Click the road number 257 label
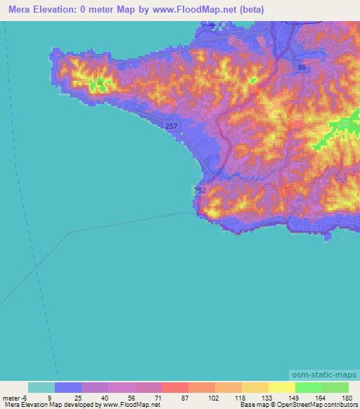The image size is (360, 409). (172, 125)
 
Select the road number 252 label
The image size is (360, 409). (200, 190)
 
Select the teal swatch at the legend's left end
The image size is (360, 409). (41, 387)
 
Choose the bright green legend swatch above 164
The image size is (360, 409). (308, 387)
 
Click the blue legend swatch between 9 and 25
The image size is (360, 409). (67, 387)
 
